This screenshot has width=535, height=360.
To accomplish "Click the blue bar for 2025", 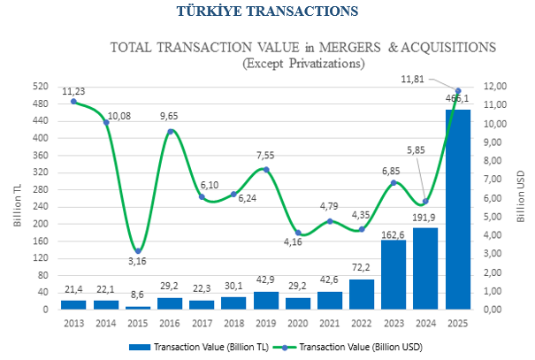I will [458, 209].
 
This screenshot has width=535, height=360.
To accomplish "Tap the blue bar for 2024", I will [425, 268].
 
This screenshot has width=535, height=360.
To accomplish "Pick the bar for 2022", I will [362, 294].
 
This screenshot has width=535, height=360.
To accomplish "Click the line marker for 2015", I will [138, 250].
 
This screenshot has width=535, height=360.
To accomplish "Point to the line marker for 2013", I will [73, 101].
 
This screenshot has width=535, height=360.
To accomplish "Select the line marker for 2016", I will [170, 131].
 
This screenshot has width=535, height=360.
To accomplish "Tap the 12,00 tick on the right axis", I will [494, 87].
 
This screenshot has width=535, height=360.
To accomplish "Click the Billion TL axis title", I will [18, 205].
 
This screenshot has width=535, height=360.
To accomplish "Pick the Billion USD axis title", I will [522, 200].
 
